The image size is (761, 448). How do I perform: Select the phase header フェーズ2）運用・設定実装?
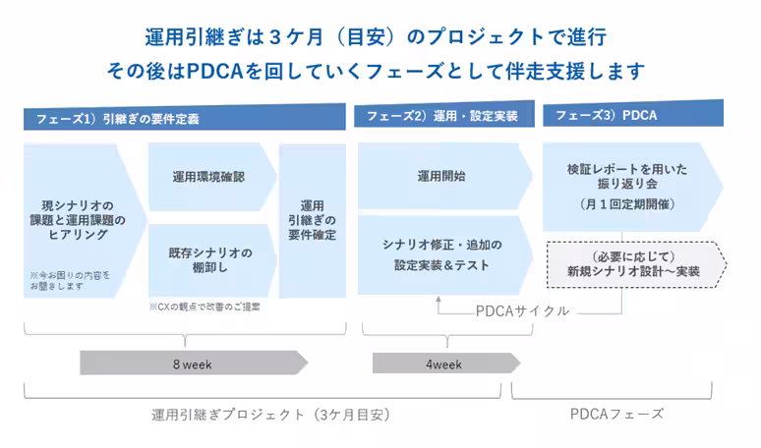(441, 116)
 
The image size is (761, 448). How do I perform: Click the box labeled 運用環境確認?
(208, 177)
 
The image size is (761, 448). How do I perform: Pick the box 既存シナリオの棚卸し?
(208, 260)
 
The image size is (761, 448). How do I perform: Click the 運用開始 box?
(441, 177)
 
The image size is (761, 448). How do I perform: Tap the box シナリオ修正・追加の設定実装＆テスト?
(441, 254)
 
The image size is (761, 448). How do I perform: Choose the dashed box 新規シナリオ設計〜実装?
(634, 263)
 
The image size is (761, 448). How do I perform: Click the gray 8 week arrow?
(192, 364)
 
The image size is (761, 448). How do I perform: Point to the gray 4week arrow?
(442, 364)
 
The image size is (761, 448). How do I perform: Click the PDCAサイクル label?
(522, 310)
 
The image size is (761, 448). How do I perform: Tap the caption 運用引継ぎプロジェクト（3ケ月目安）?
(271, 414)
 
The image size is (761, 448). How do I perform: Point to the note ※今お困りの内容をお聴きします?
(70, 280)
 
